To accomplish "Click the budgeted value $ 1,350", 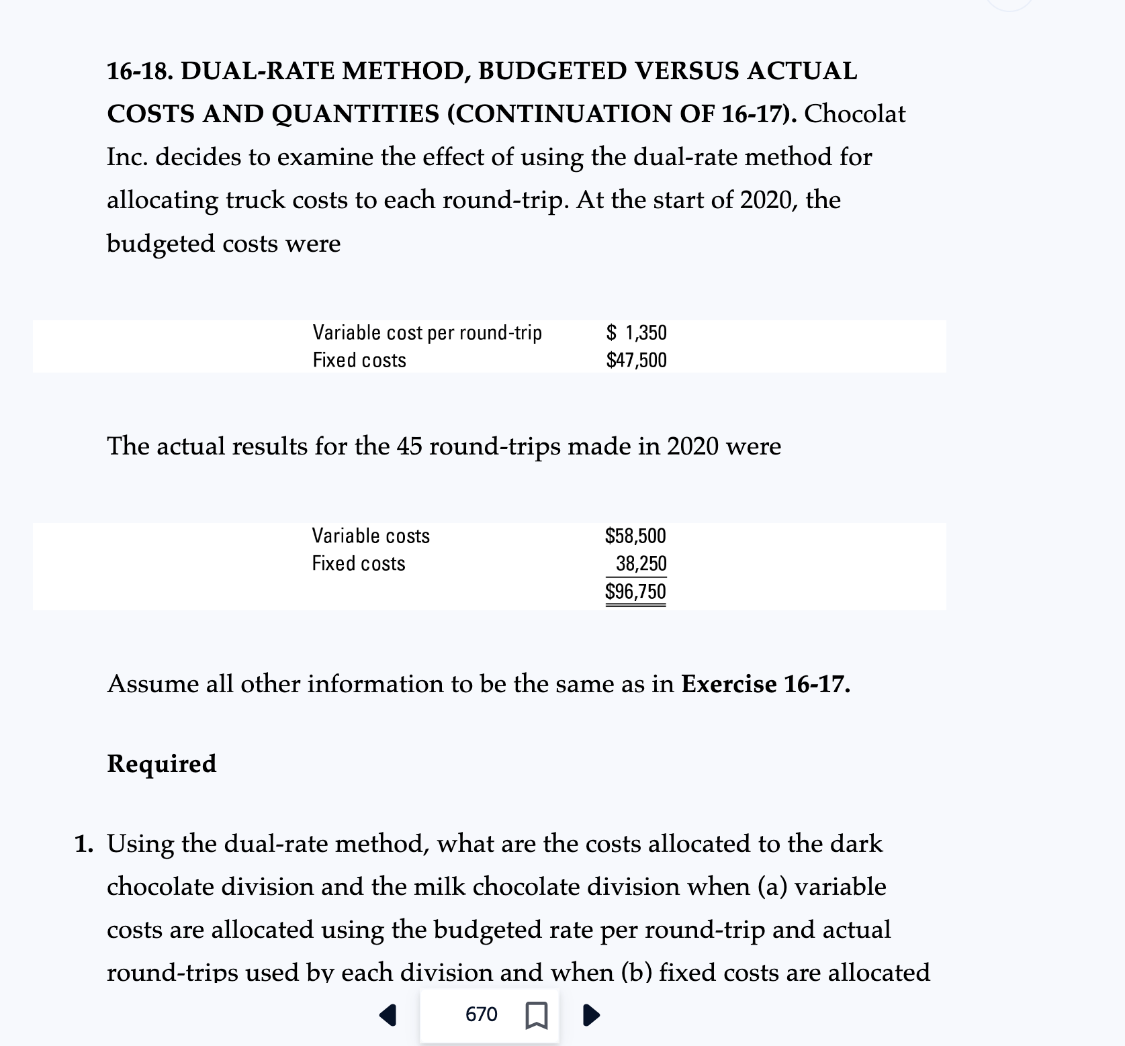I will (637, 332).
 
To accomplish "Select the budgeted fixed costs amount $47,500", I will (637, 361).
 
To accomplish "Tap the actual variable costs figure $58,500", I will (635, 536).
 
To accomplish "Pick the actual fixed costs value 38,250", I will (641, 563).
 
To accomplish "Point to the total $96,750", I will (635, 591).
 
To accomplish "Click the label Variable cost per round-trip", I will (427, 332).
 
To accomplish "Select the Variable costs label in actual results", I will (371, 536).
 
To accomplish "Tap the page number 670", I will (481, 1014).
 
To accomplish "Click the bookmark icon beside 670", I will (535, 1015).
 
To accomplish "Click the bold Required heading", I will (162, 763).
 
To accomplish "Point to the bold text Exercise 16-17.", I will (766, 684).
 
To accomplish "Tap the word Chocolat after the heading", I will (855, 114).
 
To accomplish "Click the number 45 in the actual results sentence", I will (409, 446).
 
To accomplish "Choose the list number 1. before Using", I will (85, 844).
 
